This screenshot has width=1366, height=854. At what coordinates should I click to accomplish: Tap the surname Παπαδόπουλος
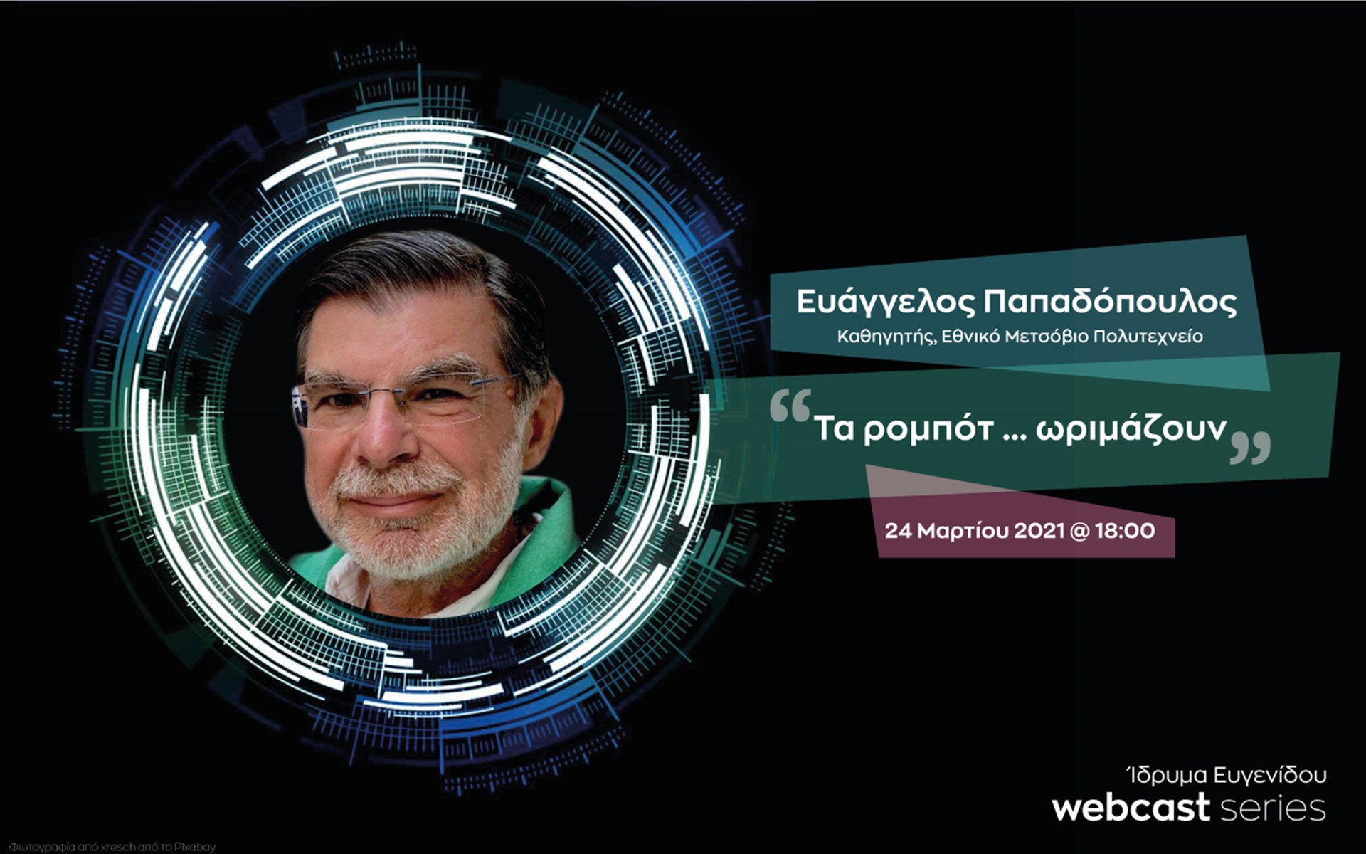pyautogui.click(x=1110, y=302)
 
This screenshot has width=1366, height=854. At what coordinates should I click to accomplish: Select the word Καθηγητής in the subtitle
pyautogui.click(x=885, y=337)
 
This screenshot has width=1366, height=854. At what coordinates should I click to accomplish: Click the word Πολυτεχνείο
pyautogui.click(x=1148, y=337)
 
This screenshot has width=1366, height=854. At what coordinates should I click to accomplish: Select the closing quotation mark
pyautogui.click(x=1250, y=448)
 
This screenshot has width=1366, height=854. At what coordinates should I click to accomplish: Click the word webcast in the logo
pyautogui.click(x=1131, y=808)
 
